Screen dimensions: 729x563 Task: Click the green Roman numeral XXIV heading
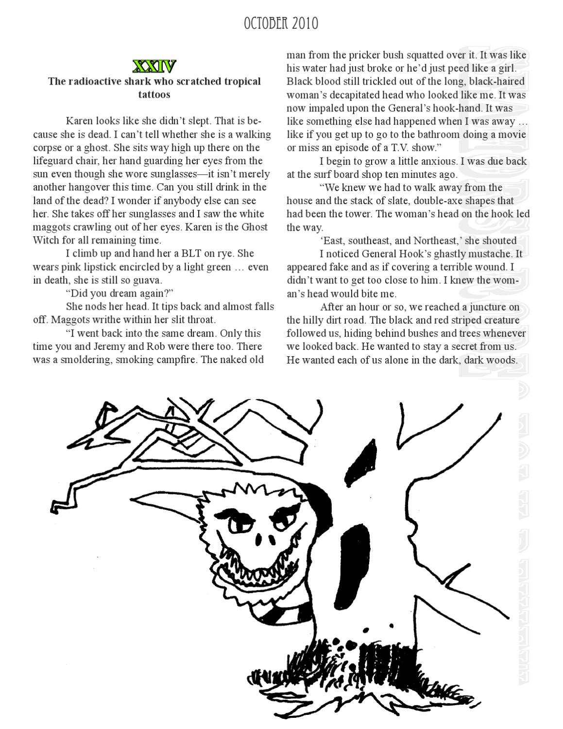click(x=154, y=66)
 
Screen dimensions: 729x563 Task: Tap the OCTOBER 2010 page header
click(x=281, y=23)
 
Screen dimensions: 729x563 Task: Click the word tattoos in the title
click(x=154, y=94)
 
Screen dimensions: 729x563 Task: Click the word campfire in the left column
click(x=175, y=360)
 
